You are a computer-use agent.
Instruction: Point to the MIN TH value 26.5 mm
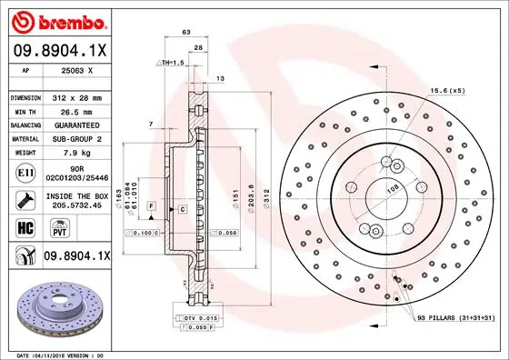pos(74,109)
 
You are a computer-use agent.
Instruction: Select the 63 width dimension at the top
pos(186,32)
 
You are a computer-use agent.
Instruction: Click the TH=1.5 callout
pos(171,62)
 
